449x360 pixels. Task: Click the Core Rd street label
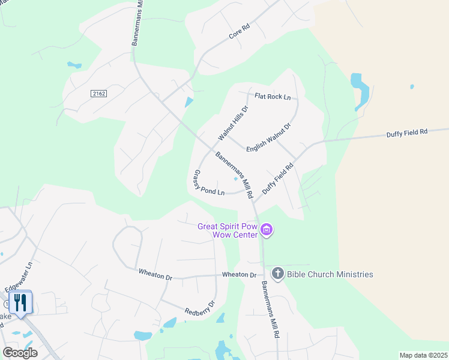[239, 32]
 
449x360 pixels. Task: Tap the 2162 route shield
[99, 94]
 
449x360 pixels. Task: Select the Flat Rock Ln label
[272, 97]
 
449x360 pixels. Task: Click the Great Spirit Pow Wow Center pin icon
[267, 230]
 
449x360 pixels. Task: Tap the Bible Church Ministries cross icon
[277, 274]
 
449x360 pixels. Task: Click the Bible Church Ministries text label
[330, 274]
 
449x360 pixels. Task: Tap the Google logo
[20, 353]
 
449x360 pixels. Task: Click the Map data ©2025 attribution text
[423, 355]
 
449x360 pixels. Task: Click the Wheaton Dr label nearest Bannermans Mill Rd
[240, 275]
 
